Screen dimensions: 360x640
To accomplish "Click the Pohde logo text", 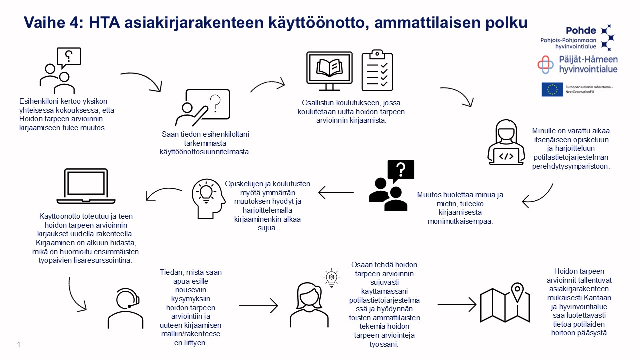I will [581, 30].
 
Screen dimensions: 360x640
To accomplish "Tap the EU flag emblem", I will [552, 89].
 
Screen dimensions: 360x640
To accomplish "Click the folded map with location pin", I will [501, 303].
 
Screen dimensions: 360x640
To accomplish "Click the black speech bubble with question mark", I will [401, 170].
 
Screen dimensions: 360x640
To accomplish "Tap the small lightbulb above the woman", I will [331, 277].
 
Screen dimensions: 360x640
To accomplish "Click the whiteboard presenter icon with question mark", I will [203, 107].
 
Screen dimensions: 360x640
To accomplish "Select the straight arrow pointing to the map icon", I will [457, 304].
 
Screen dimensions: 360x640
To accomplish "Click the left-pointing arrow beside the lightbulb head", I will [336, 192].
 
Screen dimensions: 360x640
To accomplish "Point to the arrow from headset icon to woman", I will [258, 304].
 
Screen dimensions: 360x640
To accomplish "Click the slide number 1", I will [18, 344].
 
